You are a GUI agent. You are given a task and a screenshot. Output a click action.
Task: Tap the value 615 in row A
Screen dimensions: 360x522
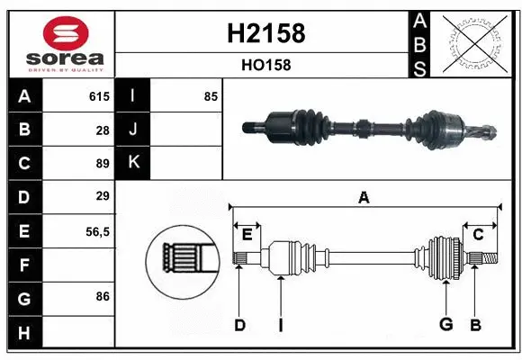(x=98, y=96)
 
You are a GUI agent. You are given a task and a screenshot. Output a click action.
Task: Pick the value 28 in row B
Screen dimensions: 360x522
(x=102, y=130)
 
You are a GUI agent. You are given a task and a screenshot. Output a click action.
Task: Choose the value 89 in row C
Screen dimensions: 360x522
(x=102, y=163)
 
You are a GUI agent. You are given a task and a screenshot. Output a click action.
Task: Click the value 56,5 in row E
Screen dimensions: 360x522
(x=97, y=230)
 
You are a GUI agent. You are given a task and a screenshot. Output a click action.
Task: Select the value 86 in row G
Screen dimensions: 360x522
(x=102, y=296)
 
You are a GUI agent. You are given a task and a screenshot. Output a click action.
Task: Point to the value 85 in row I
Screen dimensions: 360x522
(x=211, y=96)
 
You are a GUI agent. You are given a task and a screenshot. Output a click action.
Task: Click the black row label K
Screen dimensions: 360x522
(x=133, y=163)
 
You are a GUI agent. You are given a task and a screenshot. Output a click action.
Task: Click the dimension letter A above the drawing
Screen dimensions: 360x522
(x=364, y=197)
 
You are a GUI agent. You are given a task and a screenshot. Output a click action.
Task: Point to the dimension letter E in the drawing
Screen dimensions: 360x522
(x=247, y=235)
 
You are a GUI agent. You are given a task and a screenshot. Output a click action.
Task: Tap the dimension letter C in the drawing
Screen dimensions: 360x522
(x=478, y=235)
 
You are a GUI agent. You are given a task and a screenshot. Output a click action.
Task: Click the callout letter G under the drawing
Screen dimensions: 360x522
(x=445, y=325)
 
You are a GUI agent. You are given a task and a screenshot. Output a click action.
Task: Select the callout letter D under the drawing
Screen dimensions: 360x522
(x=239, y=325)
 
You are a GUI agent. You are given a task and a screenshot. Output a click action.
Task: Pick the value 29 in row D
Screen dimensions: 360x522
(x=102, y=196)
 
